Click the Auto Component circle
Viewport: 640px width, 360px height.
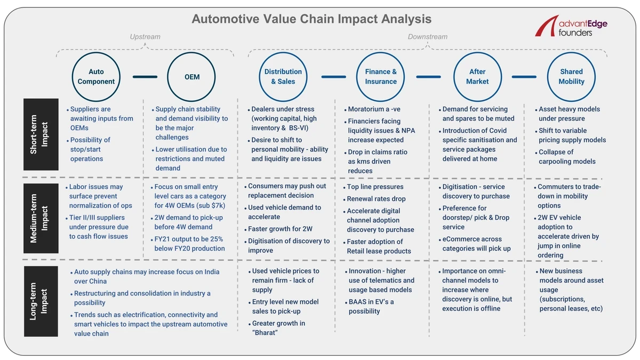tap(96, 77)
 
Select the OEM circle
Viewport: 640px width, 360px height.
tap(192, 77)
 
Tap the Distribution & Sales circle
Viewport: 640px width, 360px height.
tap(283, 77)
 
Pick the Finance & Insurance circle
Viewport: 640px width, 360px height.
tap(381, 77)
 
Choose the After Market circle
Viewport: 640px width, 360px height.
tap(477, 77)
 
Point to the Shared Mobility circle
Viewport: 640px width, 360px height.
tap(571, 77)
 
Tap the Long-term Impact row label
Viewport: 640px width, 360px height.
tap(41, 301)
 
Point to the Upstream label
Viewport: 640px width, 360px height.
tap(145, 37)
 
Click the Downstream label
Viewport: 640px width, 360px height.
tap(427, 37)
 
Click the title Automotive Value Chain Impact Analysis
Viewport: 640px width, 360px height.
tap(311, 19)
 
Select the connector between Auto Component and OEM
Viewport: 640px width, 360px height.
tap(145, 77)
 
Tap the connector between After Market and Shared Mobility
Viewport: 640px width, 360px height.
tap(524, 77)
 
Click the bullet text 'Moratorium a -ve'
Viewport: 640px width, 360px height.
tap(374, 109)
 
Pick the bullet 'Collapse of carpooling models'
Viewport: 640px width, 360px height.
tap(566, 157)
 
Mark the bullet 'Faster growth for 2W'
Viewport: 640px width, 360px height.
tap(280, 229)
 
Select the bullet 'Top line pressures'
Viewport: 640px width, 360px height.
tap(375, 187)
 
